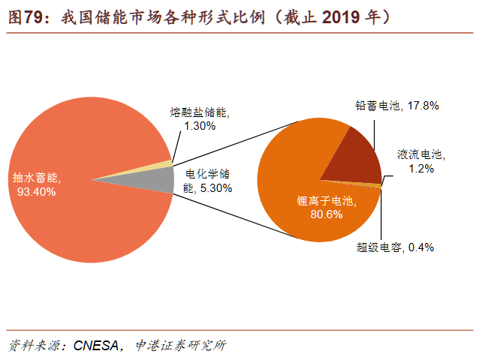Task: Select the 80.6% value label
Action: point(327,214)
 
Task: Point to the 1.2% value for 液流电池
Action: point(421,169)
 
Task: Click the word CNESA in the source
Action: point(96,346)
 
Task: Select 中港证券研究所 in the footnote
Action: point(180,346)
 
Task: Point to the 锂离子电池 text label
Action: point(326,201)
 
